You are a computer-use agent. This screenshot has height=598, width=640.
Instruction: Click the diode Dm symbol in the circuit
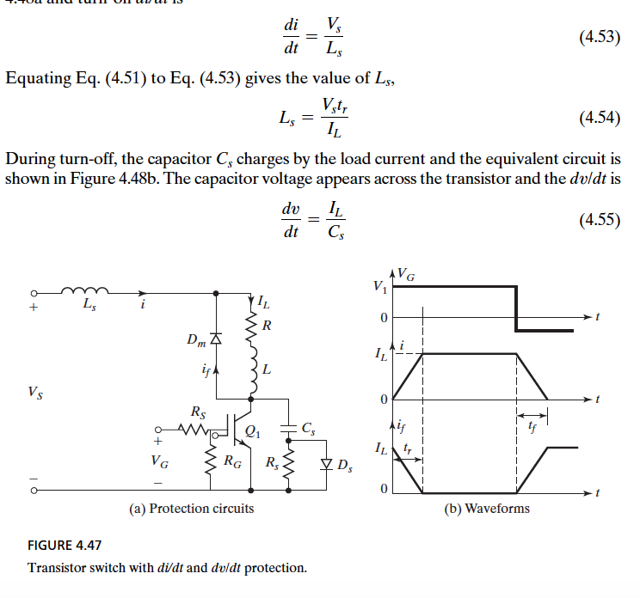pos(216,339)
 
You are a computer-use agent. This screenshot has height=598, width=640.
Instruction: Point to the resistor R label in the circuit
pos(268,326)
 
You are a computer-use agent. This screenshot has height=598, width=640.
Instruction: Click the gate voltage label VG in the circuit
pos(160,461)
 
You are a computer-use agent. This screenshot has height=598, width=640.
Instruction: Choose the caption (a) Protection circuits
pos(191,508)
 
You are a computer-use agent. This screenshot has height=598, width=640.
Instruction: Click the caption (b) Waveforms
pos(487,508)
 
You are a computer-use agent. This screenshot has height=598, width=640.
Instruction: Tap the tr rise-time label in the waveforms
pos(409,448)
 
